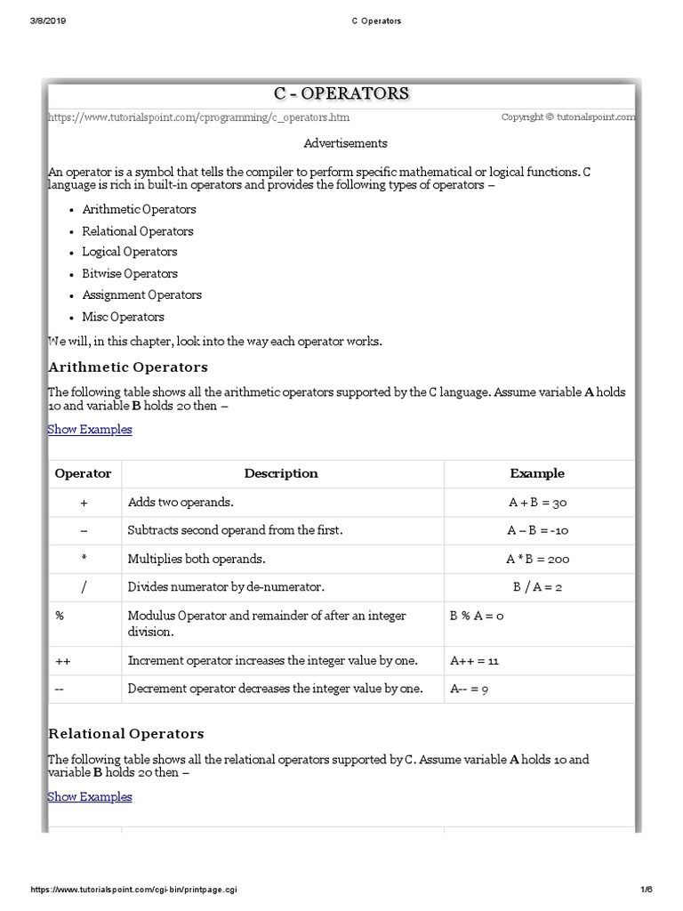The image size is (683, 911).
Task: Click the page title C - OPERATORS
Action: [x=341, y=93]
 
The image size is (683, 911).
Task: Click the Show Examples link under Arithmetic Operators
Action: [x=90, y=430]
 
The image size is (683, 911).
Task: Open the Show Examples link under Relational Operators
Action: [x=90, y=797]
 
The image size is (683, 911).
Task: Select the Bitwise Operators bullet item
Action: [x=130, y=274]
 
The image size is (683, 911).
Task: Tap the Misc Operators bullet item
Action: [x=123, y=317]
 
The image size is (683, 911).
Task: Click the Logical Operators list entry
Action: [x=130, y=253]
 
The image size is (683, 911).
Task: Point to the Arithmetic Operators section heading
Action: [x=128, y=367]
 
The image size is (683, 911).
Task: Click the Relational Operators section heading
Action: [x=126, y=734]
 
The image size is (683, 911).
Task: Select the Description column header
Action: [x=281, y=473]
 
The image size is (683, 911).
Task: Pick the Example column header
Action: [x=537, y=473]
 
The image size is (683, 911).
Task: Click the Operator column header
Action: [x=84, y=473]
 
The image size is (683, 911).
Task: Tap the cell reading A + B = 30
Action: [x=538, y=503]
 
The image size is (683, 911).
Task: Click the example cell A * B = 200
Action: [x=538, y=560]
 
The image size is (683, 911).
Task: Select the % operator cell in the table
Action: [x=60, y=616]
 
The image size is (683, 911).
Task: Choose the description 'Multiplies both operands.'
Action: [x=197, y=560]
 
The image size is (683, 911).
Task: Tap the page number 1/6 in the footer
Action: [x=646, y=890]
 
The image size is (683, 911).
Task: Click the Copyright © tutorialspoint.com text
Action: [x=568, y=117]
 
